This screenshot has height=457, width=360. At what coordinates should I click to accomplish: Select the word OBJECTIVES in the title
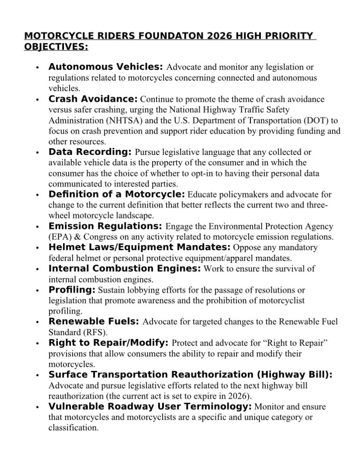[56, 47]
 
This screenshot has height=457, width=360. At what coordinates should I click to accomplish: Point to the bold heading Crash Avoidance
[93, 99]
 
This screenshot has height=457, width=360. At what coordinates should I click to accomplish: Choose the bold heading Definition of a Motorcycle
[117, 194]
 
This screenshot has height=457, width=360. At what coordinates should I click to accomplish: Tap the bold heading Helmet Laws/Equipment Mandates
[140, 248]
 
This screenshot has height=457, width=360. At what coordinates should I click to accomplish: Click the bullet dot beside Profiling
[38, 290]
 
